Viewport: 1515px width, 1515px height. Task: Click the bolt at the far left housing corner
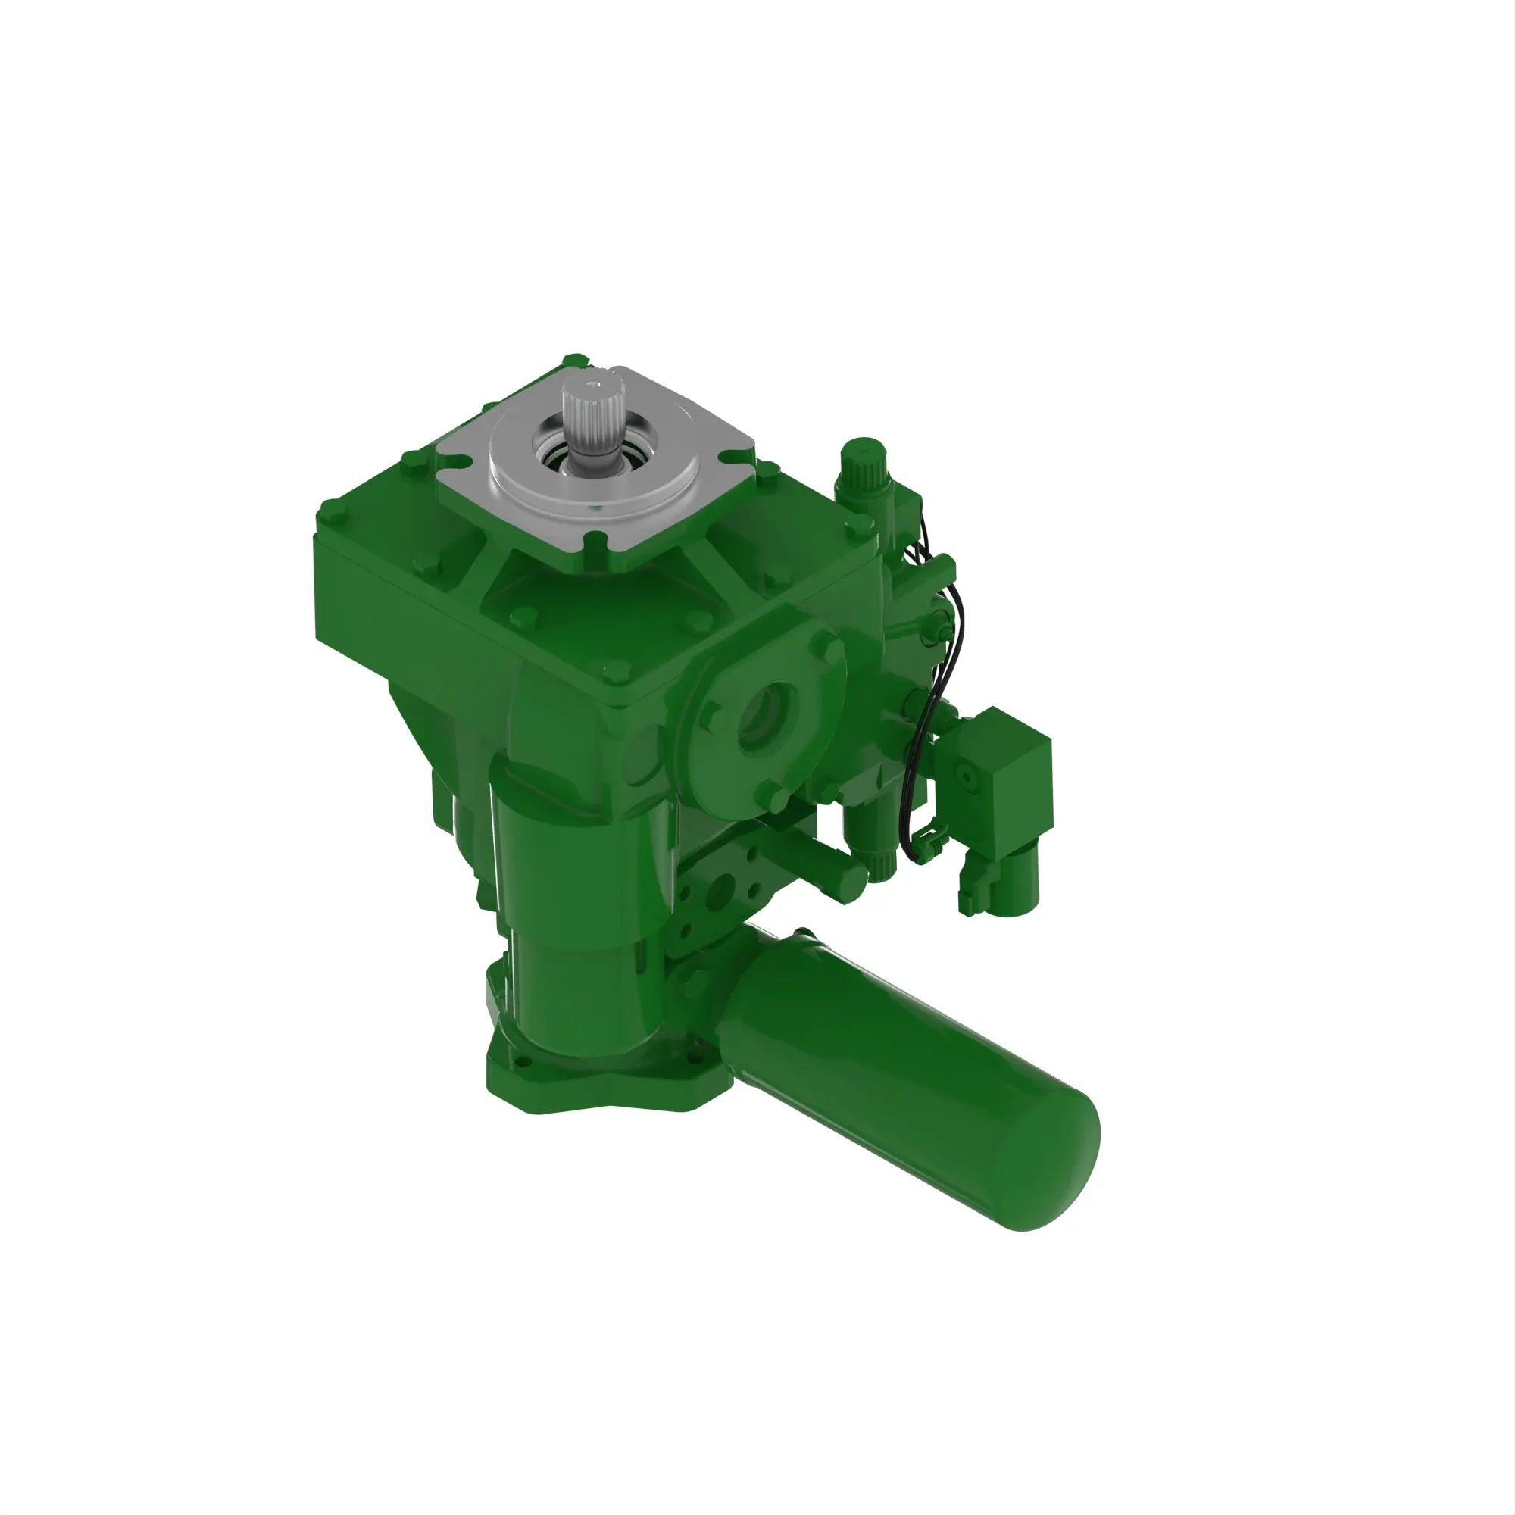[326, 513]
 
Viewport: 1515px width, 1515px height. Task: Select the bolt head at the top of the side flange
[827, 648]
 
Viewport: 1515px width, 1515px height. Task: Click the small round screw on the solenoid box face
[966, 777]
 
